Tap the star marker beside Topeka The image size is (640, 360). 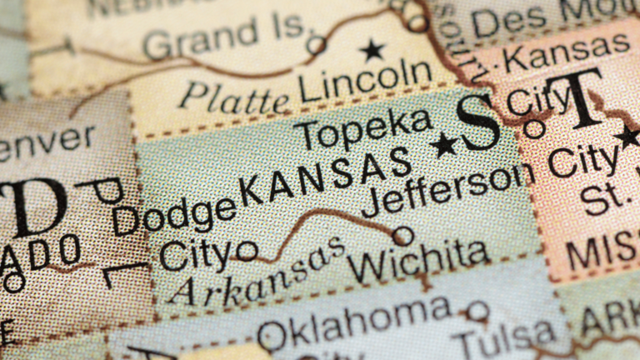pyautogui.click(x=444, y=144)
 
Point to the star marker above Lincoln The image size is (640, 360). pyautogui.click(x=372, y=50)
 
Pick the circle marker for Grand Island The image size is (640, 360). pyautogui.click(x=316, y=44)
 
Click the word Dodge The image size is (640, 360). pyautogui.click(x=174, y=215)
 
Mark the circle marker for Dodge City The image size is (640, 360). pyautogui.click(x=246, y=249)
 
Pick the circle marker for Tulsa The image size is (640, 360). pyautogui.click(x=477, y=312)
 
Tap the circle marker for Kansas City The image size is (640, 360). pyautogui.click(x=534, y=128)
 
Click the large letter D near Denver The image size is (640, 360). pyautogui.click(x=33, y=207)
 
